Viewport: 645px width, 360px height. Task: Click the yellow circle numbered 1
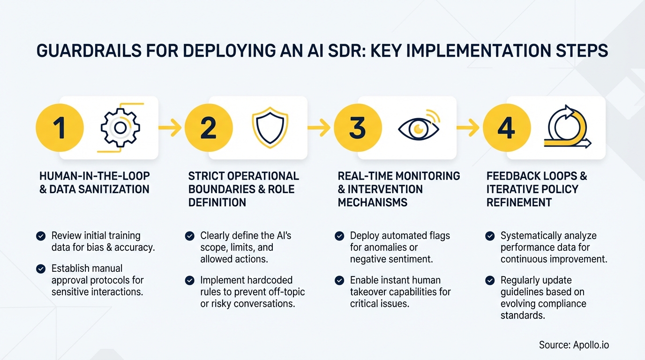(x=60, y=128)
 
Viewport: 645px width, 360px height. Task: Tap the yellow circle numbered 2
(x=209, y=128)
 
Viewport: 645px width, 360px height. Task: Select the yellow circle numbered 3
(x=358, y=128)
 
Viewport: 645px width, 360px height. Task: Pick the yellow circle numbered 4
(x=507, y=128)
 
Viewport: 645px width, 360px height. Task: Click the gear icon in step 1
(x=120, y=128)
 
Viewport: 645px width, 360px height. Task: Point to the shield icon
(x=270, y=127)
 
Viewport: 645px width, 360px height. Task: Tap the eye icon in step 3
(x=419, y=128)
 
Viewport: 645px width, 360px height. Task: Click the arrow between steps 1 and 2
(x=170, y=127)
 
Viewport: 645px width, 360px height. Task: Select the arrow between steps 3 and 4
(x=468, y=127)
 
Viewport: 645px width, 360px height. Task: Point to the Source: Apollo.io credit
(x=574, y=345)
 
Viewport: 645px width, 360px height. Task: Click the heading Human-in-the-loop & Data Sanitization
(x=94, y=183)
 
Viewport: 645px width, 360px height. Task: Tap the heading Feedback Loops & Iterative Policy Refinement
(x=537, y=189)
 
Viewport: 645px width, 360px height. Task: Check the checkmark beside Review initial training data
(x=41, y=236)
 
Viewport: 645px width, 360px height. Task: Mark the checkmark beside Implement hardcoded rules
(x=189, y=280)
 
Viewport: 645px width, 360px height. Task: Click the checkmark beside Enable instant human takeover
(x=339, y=280)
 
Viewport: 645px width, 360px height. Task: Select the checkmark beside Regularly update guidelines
(x=489, y=280)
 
